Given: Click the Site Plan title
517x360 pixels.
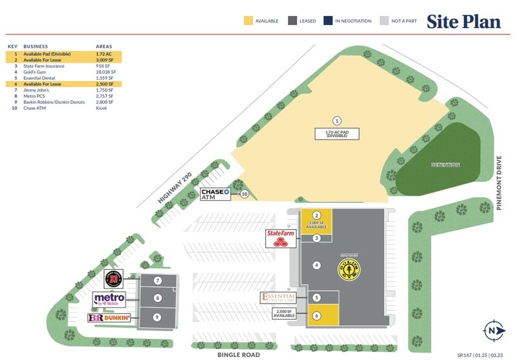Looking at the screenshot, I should (463, 21).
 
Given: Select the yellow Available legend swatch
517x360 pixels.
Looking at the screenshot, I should (247, 21).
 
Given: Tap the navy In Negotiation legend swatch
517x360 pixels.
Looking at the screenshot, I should (329, 21).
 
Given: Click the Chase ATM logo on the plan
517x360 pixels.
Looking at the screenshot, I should (215, 194).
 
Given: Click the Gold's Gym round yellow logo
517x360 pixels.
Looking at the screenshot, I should (350, 268).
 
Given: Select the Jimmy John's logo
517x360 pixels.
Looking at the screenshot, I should (113, 279).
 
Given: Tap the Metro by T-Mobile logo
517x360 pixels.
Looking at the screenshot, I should (110, 299).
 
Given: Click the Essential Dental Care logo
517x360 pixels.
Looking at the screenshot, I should (279, 298).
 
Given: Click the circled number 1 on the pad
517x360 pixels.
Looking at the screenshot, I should (336, 121).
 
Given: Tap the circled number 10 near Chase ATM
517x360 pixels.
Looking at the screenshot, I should (244, 194).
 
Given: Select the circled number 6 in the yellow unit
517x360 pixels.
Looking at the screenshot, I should (317, 315).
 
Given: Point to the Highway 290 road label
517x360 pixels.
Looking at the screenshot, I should (175, 187).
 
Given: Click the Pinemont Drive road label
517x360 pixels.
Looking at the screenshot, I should (499, 183).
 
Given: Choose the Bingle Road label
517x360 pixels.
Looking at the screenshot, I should (239, 354).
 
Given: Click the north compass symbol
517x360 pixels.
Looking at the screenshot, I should (494, 330).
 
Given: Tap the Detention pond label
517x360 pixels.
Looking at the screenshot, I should (445, 165).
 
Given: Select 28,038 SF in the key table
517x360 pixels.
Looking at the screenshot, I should (105, 72).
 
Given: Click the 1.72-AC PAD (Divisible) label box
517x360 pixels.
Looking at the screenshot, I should (336, 133).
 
